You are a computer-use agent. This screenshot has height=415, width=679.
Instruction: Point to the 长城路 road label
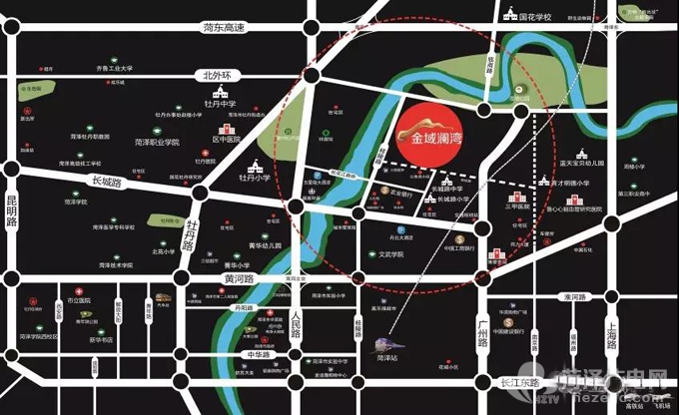(105, 182)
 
